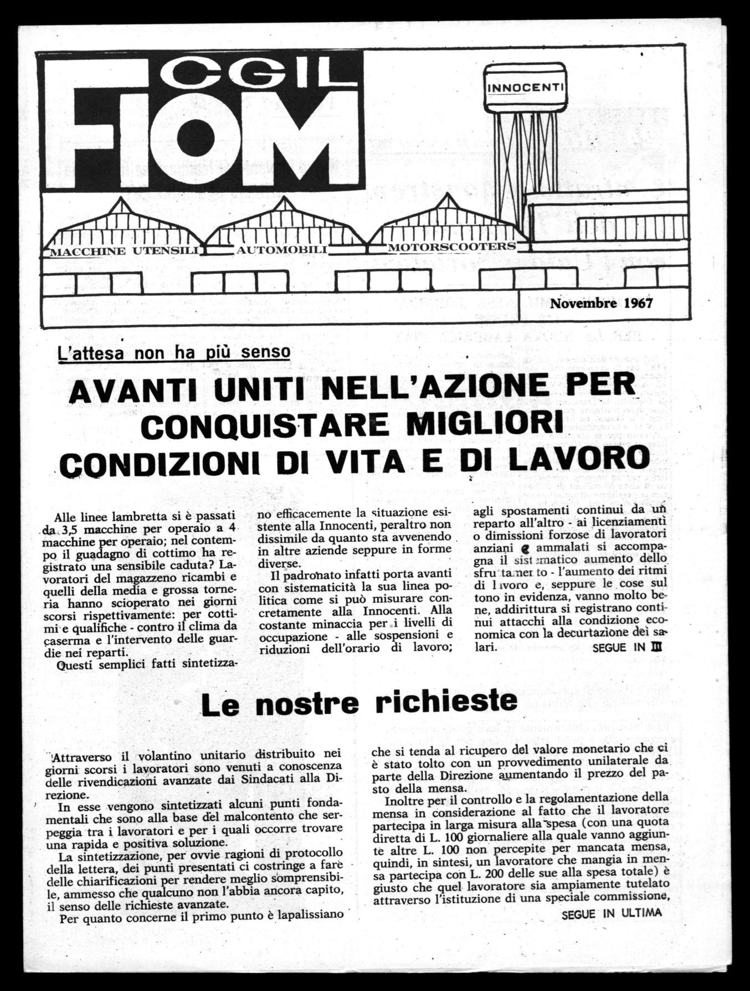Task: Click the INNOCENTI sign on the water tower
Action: [526, 87]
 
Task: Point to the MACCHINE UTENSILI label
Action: [124, 251]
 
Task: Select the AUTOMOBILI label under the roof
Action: [282, 250]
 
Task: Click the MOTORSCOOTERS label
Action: [451, 246]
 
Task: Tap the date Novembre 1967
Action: [601, 303]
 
